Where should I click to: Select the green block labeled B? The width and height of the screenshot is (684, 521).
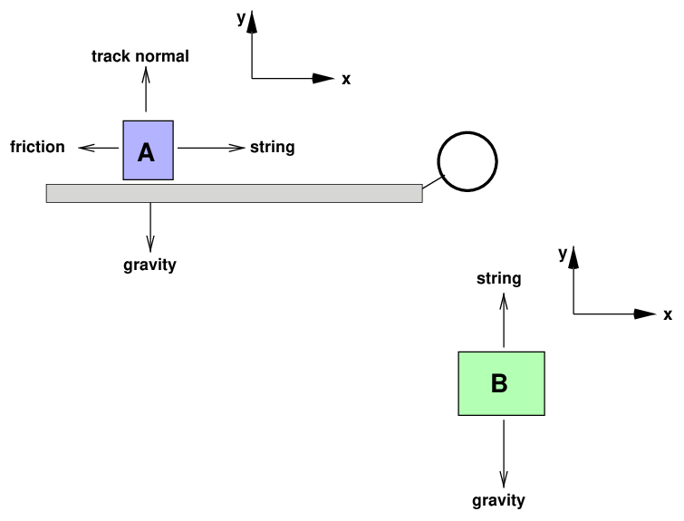click(x=502, y=383)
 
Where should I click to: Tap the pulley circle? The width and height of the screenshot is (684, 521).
click(x=467, y=162)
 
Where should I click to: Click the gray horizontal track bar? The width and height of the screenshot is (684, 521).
click(x=234, y=193)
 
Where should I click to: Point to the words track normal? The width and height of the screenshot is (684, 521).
click(x=140, y=57)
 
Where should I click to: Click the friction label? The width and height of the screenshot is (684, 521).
click(x=38, y=147)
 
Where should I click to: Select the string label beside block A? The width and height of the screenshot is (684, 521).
click(x=273, y=147)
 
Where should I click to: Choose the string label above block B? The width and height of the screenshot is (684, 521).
click(x=499, y=278)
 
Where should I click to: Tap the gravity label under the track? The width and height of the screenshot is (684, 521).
click(x=149, y=265)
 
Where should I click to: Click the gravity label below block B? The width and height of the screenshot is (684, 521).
click(x=499, y=500)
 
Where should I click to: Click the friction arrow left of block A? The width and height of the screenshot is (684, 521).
click(x=99, y=147)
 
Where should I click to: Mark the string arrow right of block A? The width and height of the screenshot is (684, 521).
click(x=211, y=147)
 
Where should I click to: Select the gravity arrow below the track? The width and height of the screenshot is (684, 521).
click(x=150, y=227)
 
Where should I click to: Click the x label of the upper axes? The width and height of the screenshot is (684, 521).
click(x=346, y=80)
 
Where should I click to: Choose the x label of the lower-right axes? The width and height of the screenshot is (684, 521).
click(x=668, y=315)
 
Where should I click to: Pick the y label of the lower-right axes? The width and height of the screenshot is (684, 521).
click(x=563, y=255)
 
